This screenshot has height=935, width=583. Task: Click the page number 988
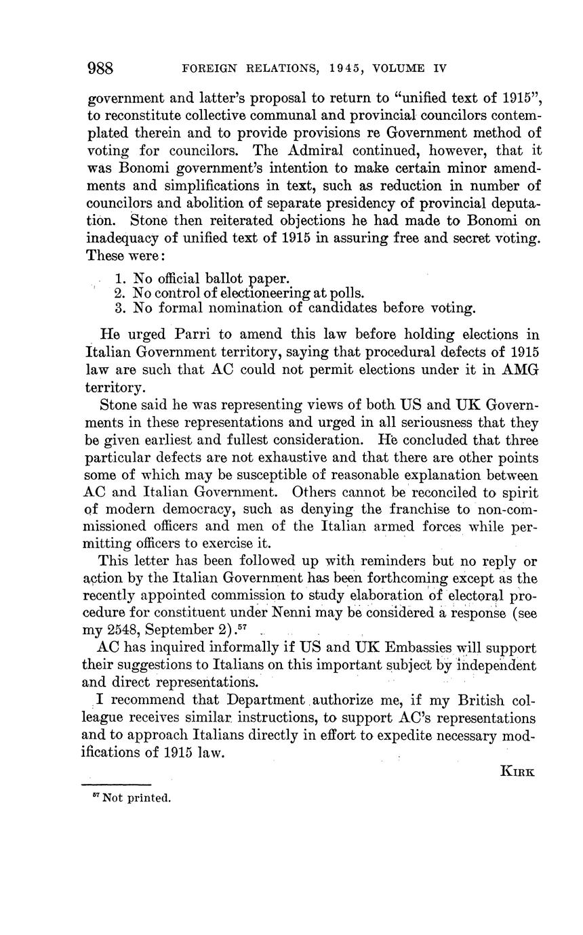[x=100, y=68]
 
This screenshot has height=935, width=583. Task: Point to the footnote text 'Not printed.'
[x=136, y=798]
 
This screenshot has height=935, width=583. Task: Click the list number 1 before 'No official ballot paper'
[x=120, y=278]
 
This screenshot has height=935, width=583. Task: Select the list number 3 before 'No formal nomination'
[x=120, y=308]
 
